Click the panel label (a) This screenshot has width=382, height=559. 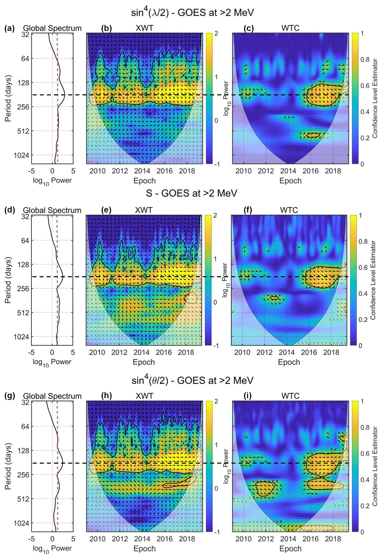(9, 28)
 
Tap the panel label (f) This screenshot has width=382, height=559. (248, 210)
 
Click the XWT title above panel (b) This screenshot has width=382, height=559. (144, 28)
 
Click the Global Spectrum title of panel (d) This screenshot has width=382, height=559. (52, 210)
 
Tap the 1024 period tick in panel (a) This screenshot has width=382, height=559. (21, 155)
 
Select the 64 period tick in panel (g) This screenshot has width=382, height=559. (25, 426)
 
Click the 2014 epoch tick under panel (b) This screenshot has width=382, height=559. (142, 171)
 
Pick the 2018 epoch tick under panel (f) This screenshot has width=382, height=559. (331, 352)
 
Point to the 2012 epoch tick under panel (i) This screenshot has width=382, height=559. (266, 539)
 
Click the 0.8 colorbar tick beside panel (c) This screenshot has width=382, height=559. (365, 60)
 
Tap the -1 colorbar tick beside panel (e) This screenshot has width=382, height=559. (216, 346)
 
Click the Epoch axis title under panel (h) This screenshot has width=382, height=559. (144, 549)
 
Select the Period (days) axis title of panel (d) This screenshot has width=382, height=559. (8, 280)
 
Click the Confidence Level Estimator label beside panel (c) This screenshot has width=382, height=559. (375, 98)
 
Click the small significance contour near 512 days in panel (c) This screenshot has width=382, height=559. (313, 135)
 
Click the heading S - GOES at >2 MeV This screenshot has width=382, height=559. (191, 193)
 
